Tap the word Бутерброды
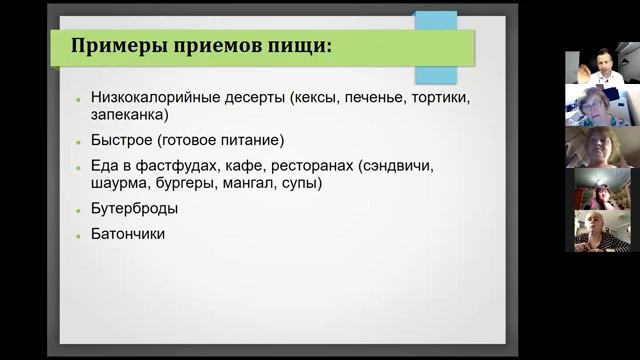point(134,209)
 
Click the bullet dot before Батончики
point(79,236)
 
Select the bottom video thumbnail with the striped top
point(601,231)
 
